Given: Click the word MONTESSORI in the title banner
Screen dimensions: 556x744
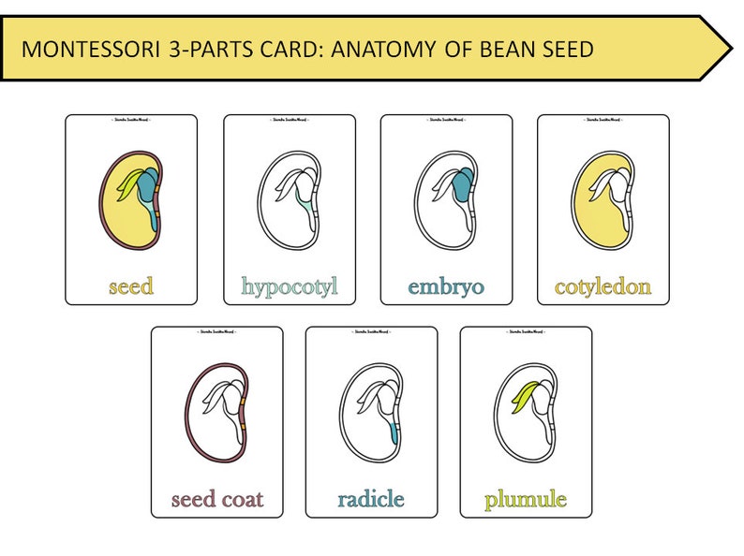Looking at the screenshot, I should pyautogui.click(x=89, y=50).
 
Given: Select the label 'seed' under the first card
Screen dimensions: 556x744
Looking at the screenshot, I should pyautogui.click(x=131, y=286).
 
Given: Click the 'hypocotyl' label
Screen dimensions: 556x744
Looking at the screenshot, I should pyautogui.click(x=290, y=286).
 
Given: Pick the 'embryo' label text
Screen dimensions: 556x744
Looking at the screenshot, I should pyautogui.click(x=446, y=286).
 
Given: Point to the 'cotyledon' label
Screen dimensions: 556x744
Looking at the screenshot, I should pyautogui.click(x=603, y=286).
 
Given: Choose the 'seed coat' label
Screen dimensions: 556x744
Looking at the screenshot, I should pyautogui.click(x=217, y=499).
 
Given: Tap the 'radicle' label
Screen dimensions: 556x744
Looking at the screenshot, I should pyautogui.click(x=371, y=499).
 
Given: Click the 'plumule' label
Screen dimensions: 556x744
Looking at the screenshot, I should pyautogui.click(x=526, y=499).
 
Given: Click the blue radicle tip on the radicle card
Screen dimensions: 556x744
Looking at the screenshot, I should pyautogui.click(x=394, y=432).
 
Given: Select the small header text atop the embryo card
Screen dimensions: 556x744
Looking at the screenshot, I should pyautogui.click(x=446, y=123).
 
